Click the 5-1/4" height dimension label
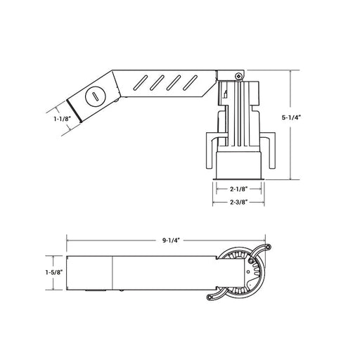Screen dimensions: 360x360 [x=291, y=117]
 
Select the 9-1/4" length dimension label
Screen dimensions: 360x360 [x=171, y=240]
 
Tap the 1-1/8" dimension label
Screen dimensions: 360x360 [x=62, y=119]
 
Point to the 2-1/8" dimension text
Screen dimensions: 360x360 [x=238, y=189]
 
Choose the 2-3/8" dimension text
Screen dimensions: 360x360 [x=238, y=202]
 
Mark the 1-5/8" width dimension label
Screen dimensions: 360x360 [x=54, y=272]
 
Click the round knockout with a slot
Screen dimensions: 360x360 [x=96, y=97]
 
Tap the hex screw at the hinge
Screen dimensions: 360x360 [x=238, y=76]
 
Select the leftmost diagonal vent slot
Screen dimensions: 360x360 [x=140, y=82]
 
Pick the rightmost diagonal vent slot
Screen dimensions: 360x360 [x=190, y=82]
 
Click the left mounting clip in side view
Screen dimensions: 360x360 [x=212, y=150]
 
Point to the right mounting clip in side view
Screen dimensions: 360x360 [x=269, y=150]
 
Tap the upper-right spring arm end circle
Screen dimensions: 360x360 [x=269, y=247]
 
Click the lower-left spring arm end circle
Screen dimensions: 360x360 [x=210, y=297]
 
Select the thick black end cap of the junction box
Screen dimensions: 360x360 [x=74, y=110]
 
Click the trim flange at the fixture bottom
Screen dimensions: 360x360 [x=238, y=179]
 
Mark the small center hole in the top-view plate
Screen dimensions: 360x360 [x=248, y=272]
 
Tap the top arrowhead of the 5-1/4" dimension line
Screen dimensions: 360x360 [x=290, y=72]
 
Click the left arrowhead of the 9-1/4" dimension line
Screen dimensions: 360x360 [x=68, y=240]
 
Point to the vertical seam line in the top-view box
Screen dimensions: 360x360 [x=112, y=273]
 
